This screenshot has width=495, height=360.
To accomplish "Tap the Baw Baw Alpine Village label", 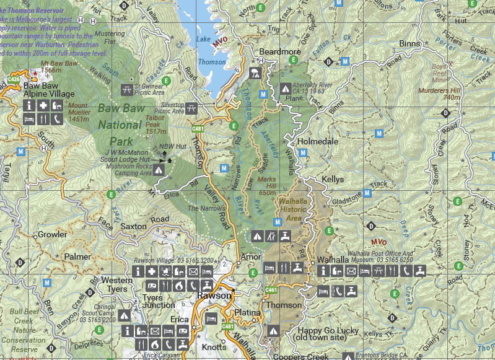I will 48,89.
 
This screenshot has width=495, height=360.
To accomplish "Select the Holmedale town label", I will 318,141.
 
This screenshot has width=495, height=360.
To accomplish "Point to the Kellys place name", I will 332,179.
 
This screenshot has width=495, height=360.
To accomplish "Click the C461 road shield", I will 271,290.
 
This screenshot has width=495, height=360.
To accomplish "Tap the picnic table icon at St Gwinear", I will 128,90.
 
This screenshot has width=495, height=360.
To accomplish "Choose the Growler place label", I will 53,235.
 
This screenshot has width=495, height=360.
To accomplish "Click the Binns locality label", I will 410,44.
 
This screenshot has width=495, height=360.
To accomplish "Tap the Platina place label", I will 248,312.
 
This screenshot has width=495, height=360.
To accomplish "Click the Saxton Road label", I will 144,223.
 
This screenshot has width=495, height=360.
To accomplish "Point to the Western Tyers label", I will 116,285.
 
